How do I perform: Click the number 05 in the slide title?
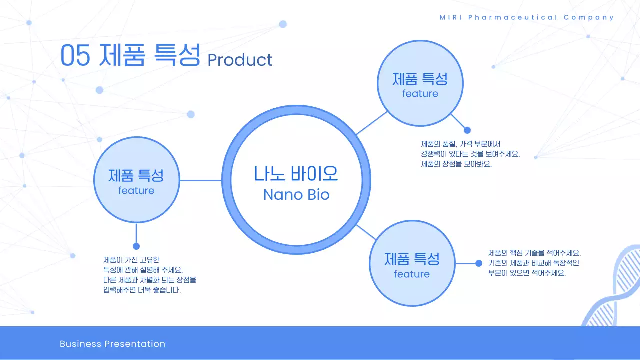[x=75, y=55]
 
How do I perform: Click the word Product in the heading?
[x=240, y=60]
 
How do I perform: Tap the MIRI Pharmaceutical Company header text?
[x=527, y=17]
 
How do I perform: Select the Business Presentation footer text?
[x=112, y=344]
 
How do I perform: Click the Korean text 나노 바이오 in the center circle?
[x=296, y=173]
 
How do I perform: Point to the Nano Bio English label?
[x=296, y=194]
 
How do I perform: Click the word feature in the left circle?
[x=136, y=191]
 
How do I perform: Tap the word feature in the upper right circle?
[x=420, y=94]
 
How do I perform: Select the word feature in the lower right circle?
[x=412, y=274]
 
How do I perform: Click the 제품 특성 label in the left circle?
[x=136, y=175]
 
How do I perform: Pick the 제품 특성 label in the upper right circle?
[x=420, y=79]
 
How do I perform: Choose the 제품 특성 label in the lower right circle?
[x=412, y=259]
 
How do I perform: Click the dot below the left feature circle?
[x=136, y=246]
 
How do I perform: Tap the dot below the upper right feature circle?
[x=467, y=130]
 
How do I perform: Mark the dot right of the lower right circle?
[x=478, y=263]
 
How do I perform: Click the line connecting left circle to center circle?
[x=200, y=180]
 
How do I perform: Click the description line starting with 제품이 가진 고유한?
[x=131, y=260]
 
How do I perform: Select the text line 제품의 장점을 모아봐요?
[x=456, y=164]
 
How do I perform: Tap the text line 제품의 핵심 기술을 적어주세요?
[x=534, y=253]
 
